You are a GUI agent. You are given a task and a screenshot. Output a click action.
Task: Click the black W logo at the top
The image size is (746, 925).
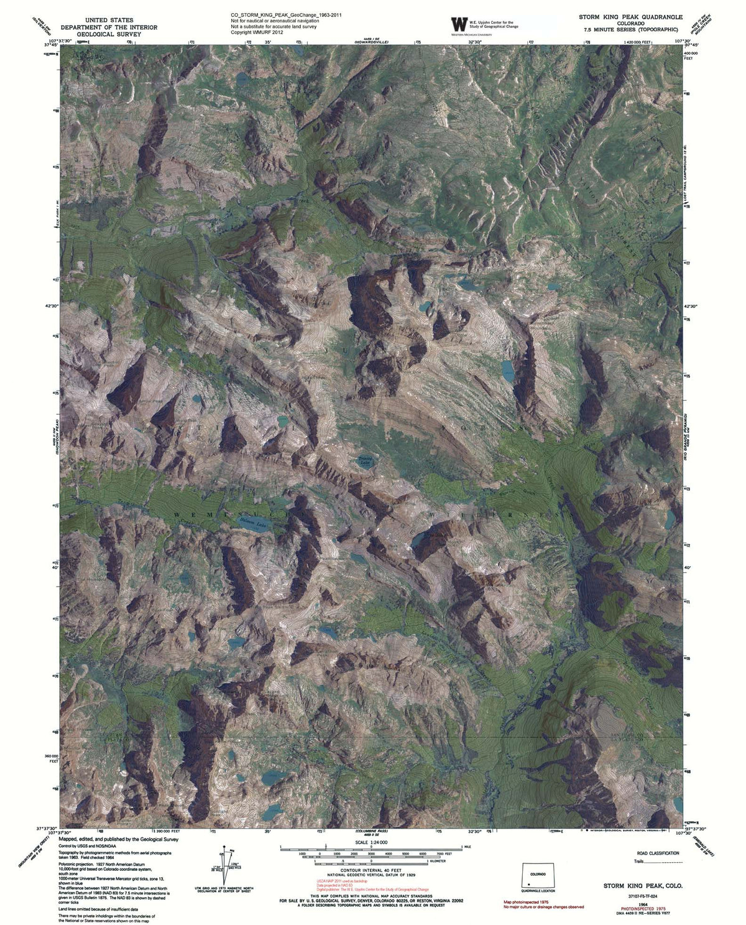pyautogui.click(x=459, y=25)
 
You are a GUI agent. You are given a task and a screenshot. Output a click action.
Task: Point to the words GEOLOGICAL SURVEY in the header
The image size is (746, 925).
pyautogui.click(x=109, y=35)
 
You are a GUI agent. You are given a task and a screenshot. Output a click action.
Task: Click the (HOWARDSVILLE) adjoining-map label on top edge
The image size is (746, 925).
pyautogui.click(x=371, y=41)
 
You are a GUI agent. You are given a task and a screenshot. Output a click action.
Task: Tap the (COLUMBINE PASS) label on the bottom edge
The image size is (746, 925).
pyautogui.click(x=372, y=831)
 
